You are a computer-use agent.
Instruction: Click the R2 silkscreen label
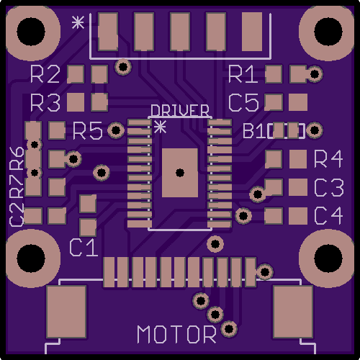pos(45,74)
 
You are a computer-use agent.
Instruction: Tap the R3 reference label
pos(45,103)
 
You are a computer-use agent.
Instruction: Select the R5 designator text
pos(88,131)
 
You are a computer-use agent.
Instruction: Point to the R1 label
pos(243,74)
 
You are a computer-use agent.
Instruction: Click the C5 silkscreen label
pos(243,103)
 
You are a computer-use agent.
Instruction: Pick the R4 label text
pos(328,158)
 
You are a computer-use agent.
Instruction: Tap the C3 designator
pos(329,187)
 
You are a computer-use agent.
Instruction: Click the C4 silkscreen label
pos(328,216)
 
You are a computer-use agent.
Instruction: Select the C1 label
pos(84,248)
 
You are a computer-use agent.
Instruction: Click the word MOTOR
pos(176,334)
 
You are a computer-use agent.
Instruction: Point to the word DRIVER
pos(180,111)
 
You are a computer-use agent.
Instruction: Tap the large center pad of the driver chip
pos(180,173)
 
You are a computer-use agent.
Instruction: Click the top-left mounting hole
pos(31,31)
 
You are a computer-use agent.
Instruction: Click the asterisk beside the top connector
pos(78,22)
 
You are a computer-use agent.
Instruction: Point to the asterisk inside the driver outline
pos(160,127)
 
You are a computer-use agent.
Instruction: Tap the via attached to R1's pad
pos(315,74)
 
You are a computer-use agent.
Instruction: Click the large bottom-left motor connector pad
pos(66,312)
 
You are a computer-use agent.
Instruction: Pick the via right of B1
pos(315,130)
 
